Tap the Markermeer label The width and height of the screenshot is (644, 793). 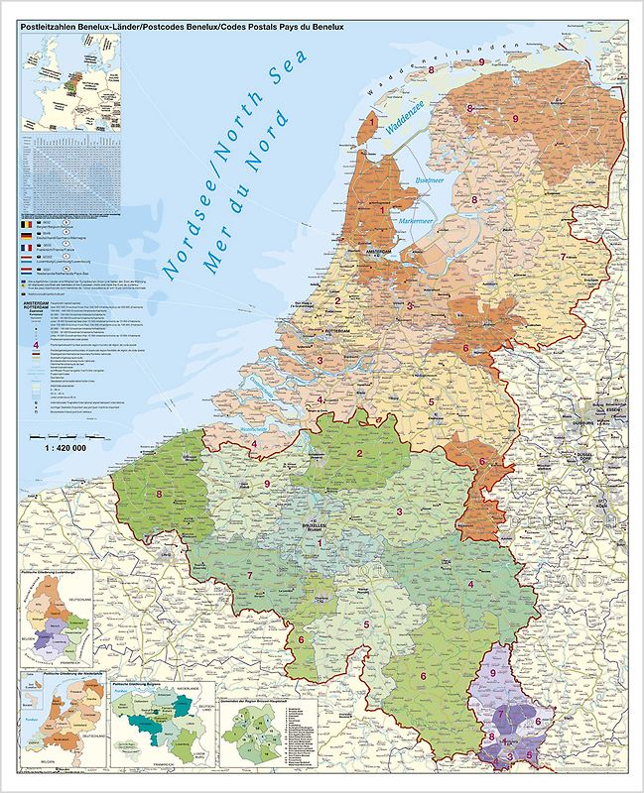(418, 220)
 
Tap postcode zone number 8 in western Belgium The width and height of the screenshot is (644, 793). (158, 493)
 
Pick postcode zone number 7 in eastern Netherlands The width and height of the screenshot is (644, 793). (563, 257)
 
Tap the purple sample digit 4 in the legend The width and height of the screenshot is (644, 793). (38, 345)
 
